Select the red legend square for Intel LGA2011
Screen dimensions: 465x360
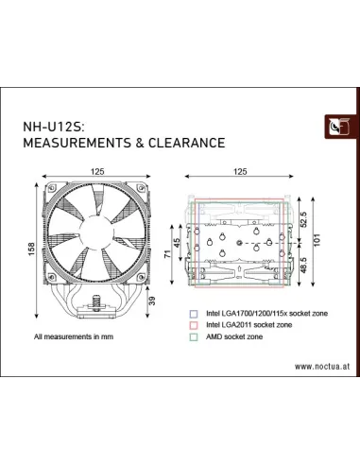pos(193,324)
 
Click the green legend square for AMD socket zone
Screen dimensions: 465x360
pos(193,336)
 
